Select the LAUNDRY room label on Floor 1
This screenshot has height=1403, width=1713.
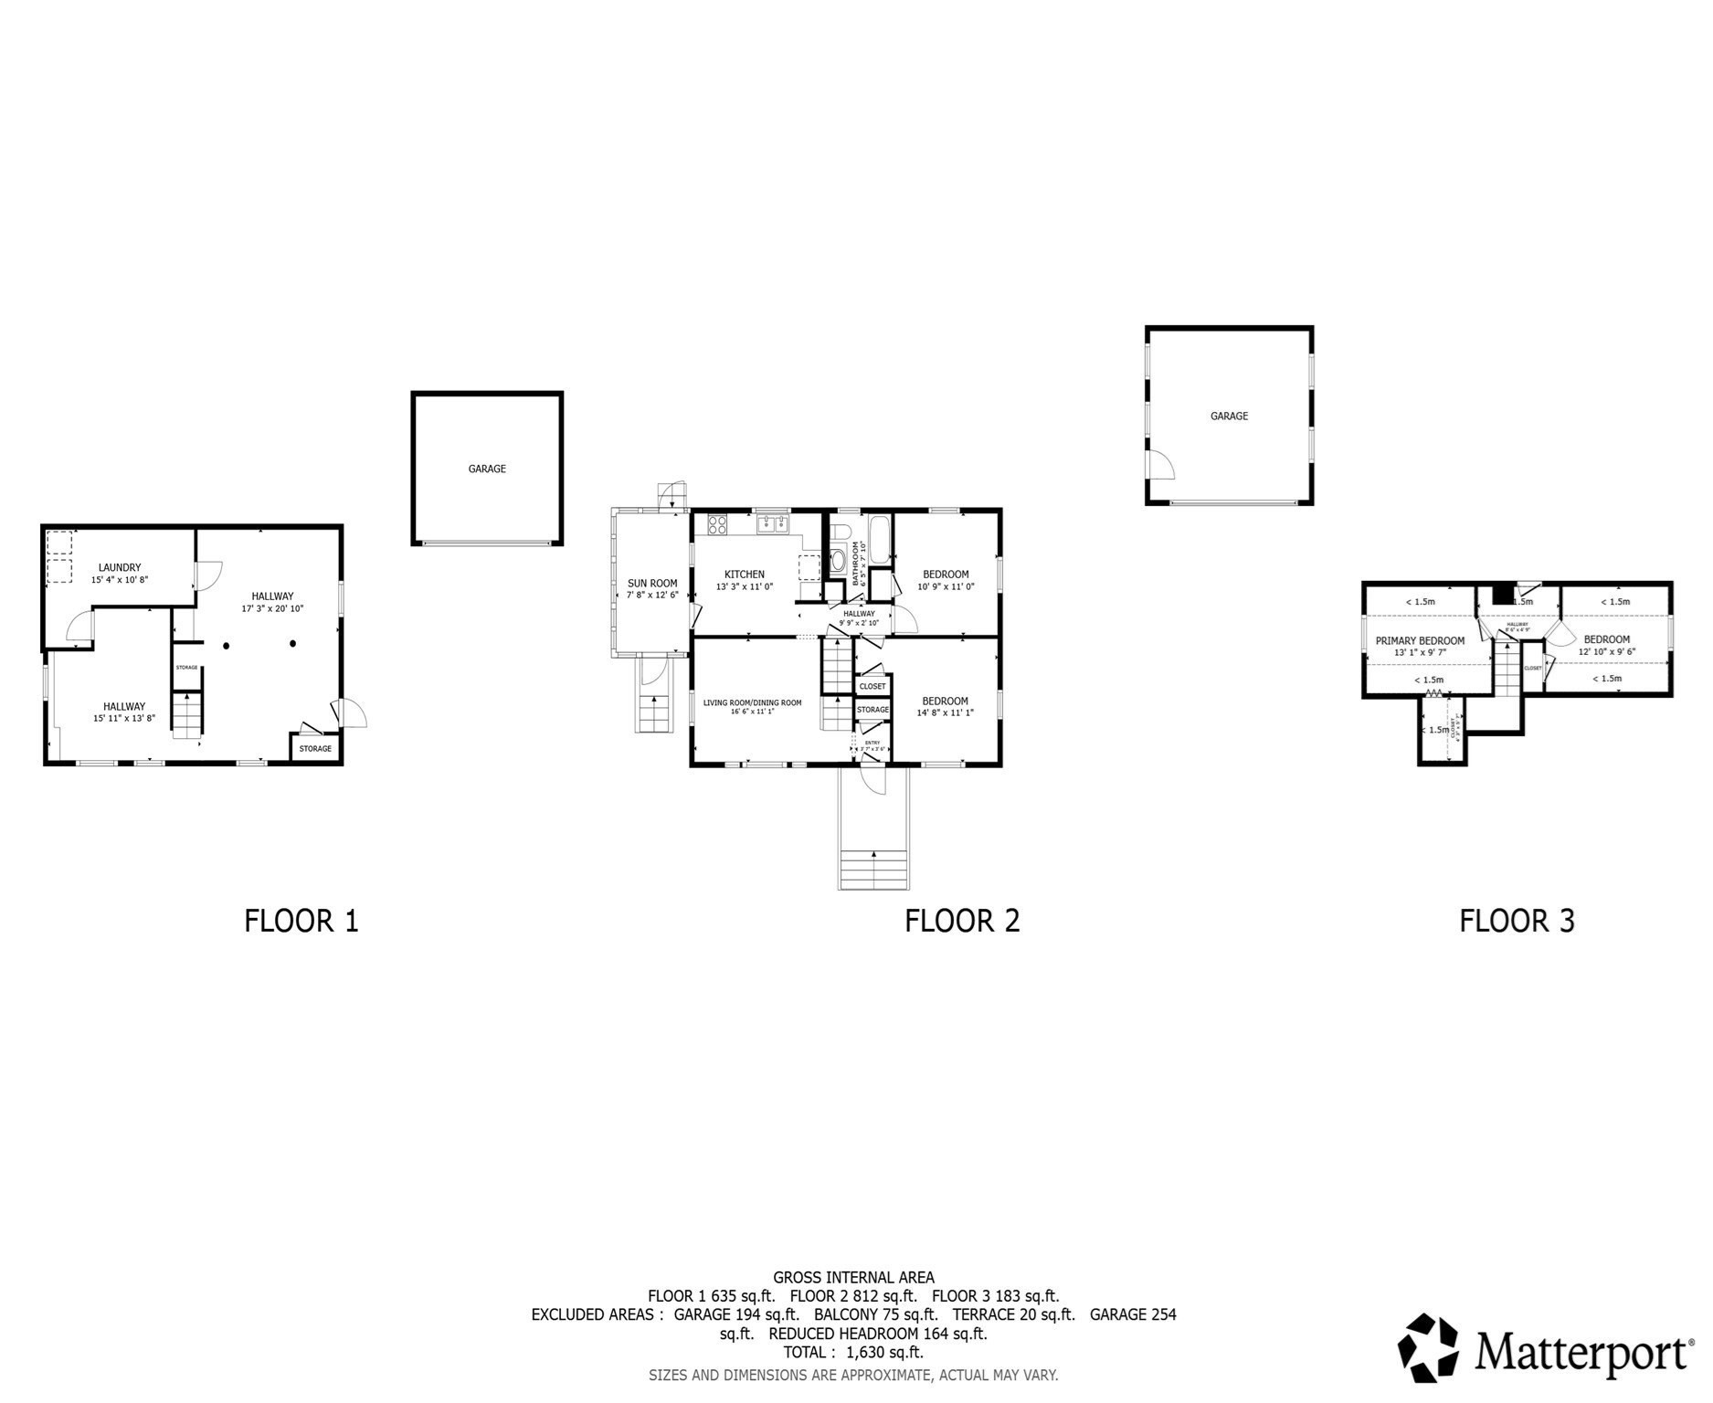[121, 568]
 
